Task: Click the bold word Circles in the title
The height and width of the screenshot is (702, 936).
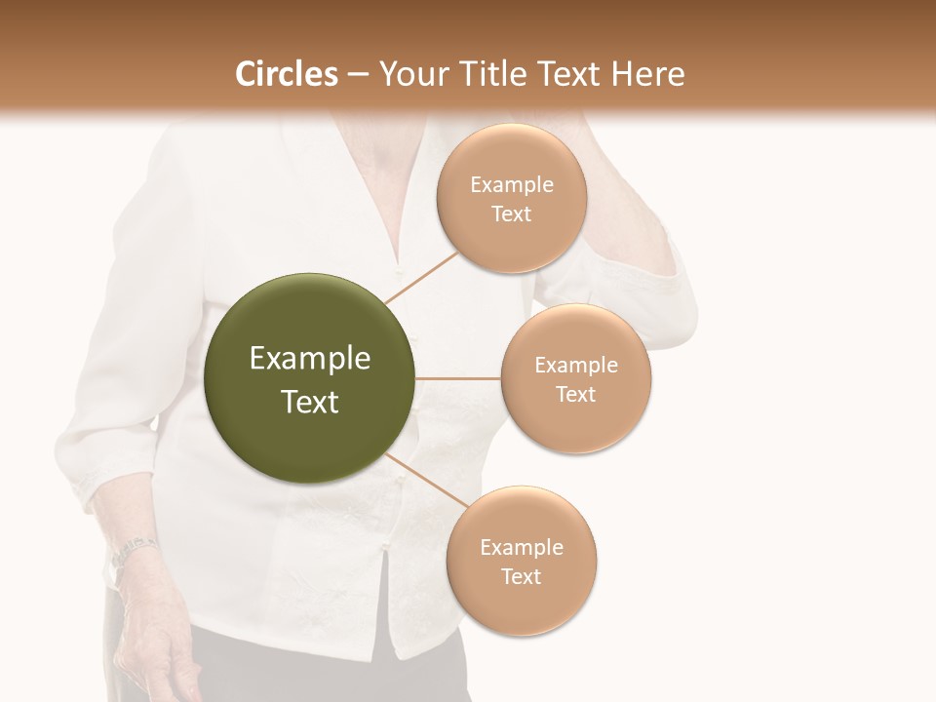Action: (x=288, y=75)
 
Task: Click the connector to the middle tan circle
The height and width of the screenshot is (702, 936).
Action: (x=458, y=378)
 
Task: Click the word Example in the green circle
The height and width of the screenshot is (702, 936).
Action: (x=310, y=359)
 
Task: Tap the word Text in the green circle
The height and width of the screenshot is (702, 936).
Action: (x=310, y=402)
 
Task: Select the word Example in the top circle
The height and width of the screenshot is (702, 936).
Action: (x=512, y=185)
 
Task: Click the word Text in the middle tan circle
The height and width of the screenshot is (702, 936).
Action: (x=576, y=394)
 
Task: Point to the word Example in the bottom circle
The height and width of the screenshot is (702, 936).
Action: (x=521, y=548)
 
